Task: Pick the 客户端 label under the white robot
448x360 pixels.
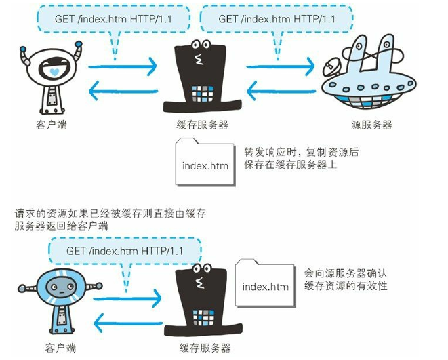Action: [x=52, y=125]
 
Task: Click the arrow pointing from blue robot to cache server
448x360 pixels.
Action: [x=126, y=296]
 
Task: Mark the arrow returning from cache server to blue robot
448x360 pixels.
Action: [x=126, y=319]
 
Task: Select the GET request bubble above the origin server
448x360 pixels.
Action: [x=277, y=19]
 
